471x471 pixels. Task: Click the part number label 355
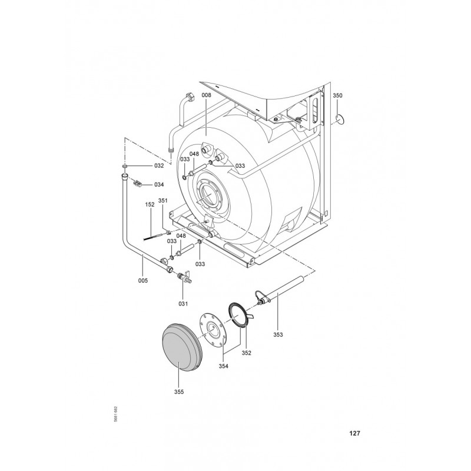[x=179, y=392]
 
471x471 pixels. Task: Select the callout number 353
[x=278, y=334]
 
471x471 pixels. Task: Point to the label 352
[x=246, y=353]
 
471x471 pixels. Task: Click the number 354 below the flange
[x=224, y=366]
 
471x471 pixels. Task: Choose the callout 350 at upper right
[x=337, y=95]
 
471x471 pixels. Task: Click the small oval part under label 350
[x=340, y=120]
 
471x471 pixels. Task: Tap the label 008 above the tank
[x=207, y=95]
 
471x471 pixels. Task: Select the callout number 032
[x=159, y=166]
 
